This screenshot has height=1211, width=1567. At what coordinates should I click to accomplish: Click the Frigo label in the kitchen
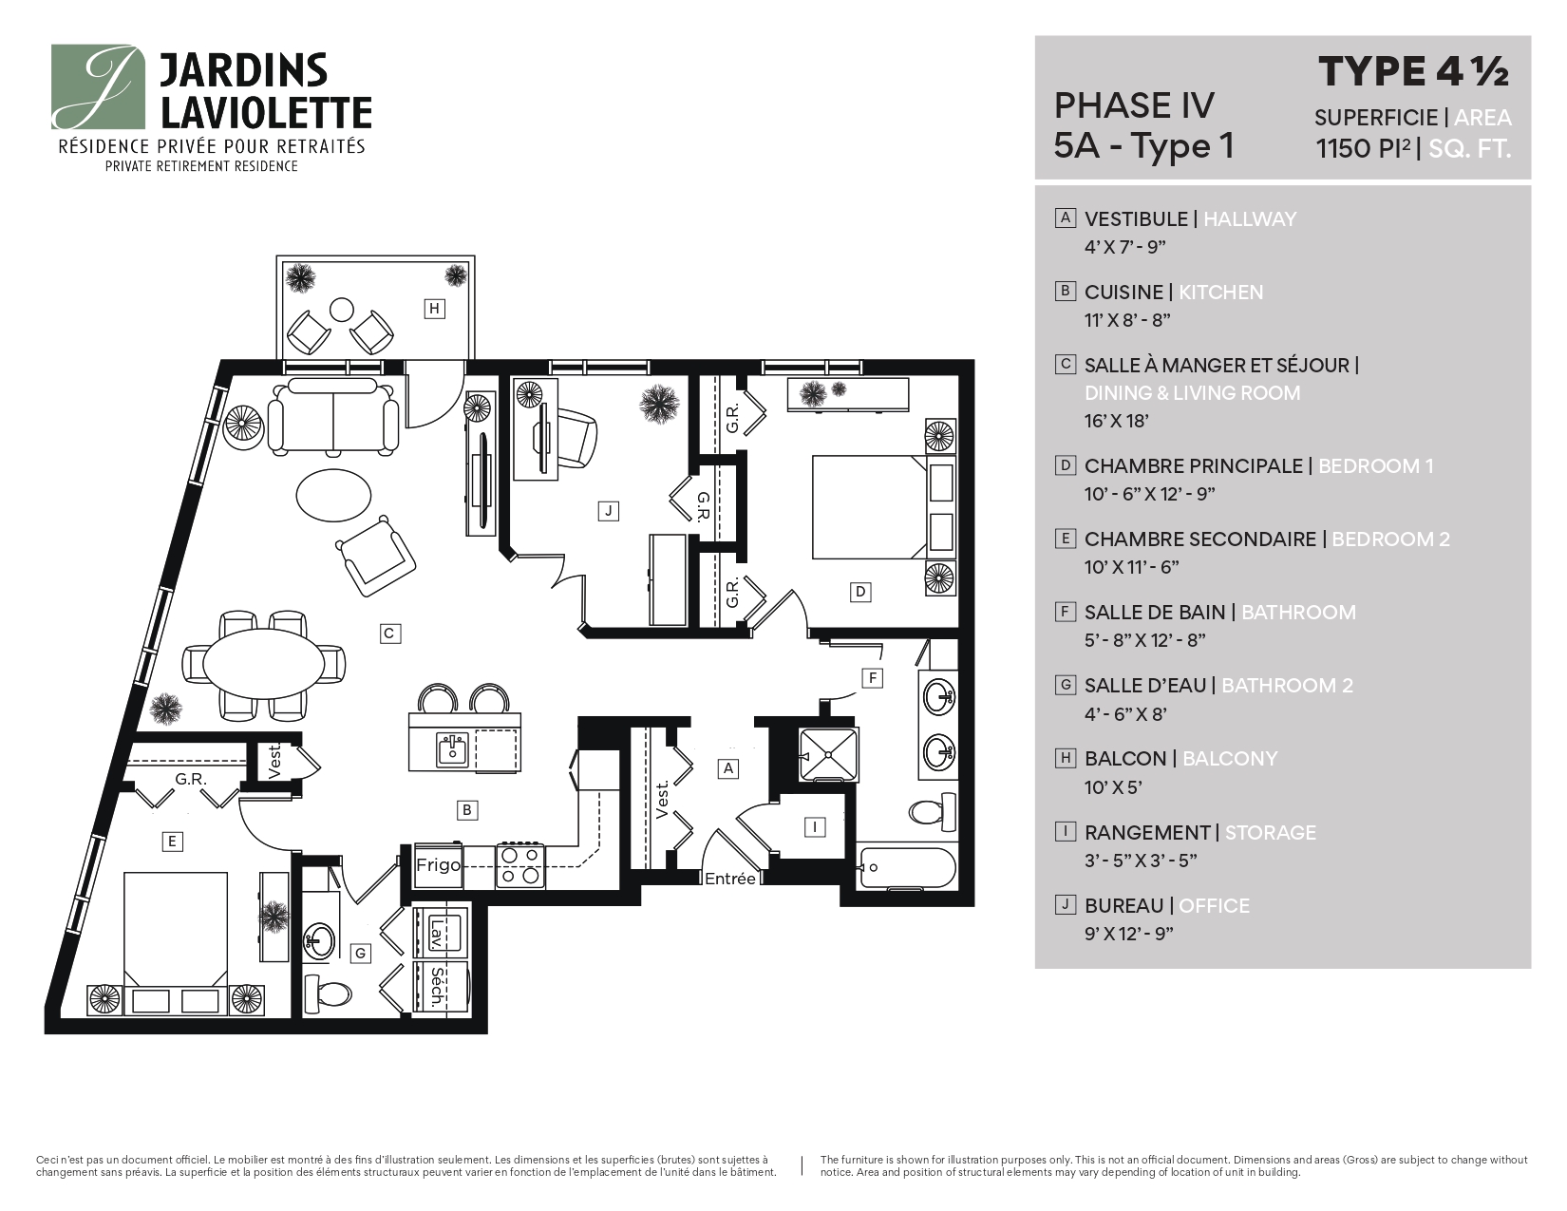(x=438, y=865)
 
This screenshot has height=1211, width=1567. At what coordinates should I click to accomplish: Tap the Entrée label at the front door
(x=729, y=879)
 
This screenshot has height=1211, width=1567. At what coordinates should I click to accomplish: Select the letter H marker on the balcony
(x=434, y=308)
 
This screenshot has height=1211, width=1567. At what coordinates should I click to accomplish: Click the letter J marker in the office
(x=608, y=511)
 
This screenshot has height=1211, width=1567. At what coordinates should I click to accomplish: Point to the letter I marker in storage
(x=814, y=826)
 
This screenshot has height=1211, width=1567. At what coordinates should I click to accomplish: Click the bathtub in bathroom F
(x=907, y=866)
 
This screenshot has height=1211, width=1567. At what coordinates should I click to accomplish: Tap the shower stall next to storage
(x=828, y=754)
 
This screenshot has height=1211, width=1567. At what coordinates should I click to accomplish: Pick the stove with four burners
(x=520, y=865)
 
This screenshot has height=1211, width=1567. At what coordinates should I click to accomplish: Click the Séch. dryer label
(x=437, y=988)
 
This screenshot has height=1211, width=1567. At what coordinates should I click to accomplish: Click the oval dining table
(x=262, y=664)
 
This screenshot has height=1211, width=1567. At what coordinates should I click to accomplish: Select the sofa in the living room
(x=333, y=415)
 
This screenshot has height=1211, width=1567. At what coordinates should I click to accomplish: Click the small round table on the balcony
(x=340, y=309)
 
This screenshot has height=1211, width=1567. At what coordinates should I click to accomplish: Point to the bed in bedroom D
(x=869, y=508)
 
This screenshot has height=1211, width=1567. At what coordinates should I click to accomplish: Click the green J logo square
(x=99, y=86)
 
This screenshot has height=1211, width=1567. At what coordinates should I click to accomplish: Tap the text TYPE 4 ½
(x=1413, y=71)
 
